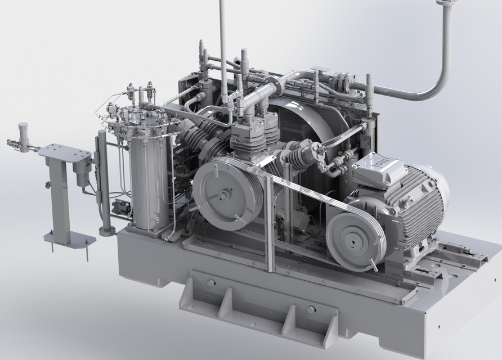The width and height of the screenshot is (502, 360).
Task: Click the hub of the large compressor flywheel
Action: [x=226, y=195]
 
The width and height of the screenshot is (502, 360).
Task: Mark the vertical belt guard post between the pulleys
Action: [x=270, y=219]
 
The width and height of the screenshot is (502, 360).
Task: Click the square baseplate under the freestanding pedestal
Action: [x=70, y=241]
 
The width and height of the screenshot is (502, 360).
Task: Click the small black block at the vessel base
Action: [x=119, y=206]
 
